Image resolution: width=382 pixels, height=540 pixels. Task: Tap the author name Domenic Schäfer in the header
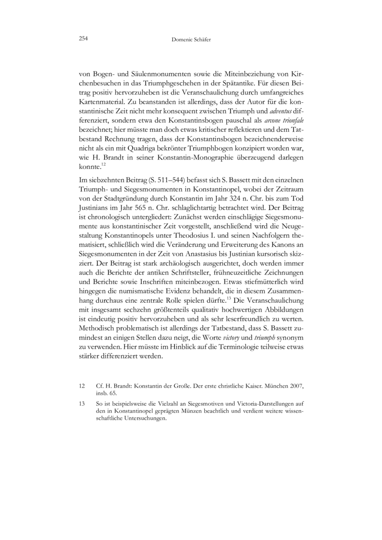191,39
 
